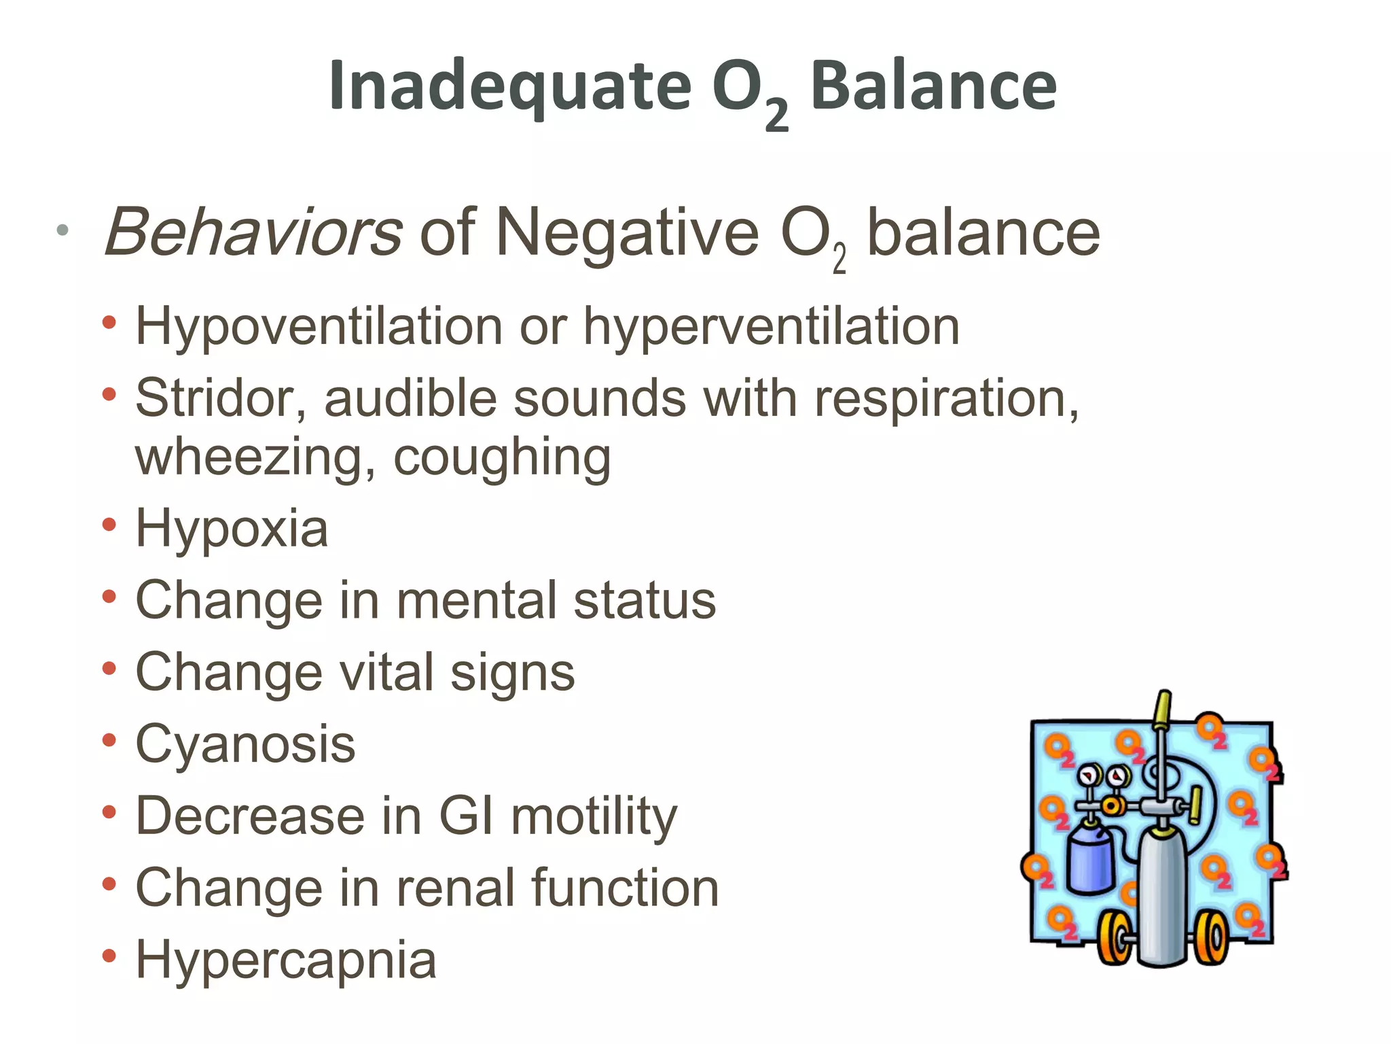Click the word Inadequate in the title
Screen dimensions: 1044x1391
509,87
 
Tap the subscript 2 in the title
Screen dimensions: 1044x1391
776,116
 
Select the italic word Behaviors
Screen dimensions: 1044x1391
253,233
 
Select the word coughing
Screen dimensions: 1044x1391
502,457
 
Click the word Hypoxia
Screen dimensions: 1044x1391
232,529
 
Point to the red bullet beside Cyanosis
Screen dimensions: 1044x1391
109,741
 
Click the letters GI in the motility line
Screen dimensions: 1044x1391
466,816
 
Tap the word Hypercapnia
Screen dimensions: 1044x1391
286,960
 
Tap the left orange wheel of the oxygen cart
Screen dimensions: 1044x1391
1114,938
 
